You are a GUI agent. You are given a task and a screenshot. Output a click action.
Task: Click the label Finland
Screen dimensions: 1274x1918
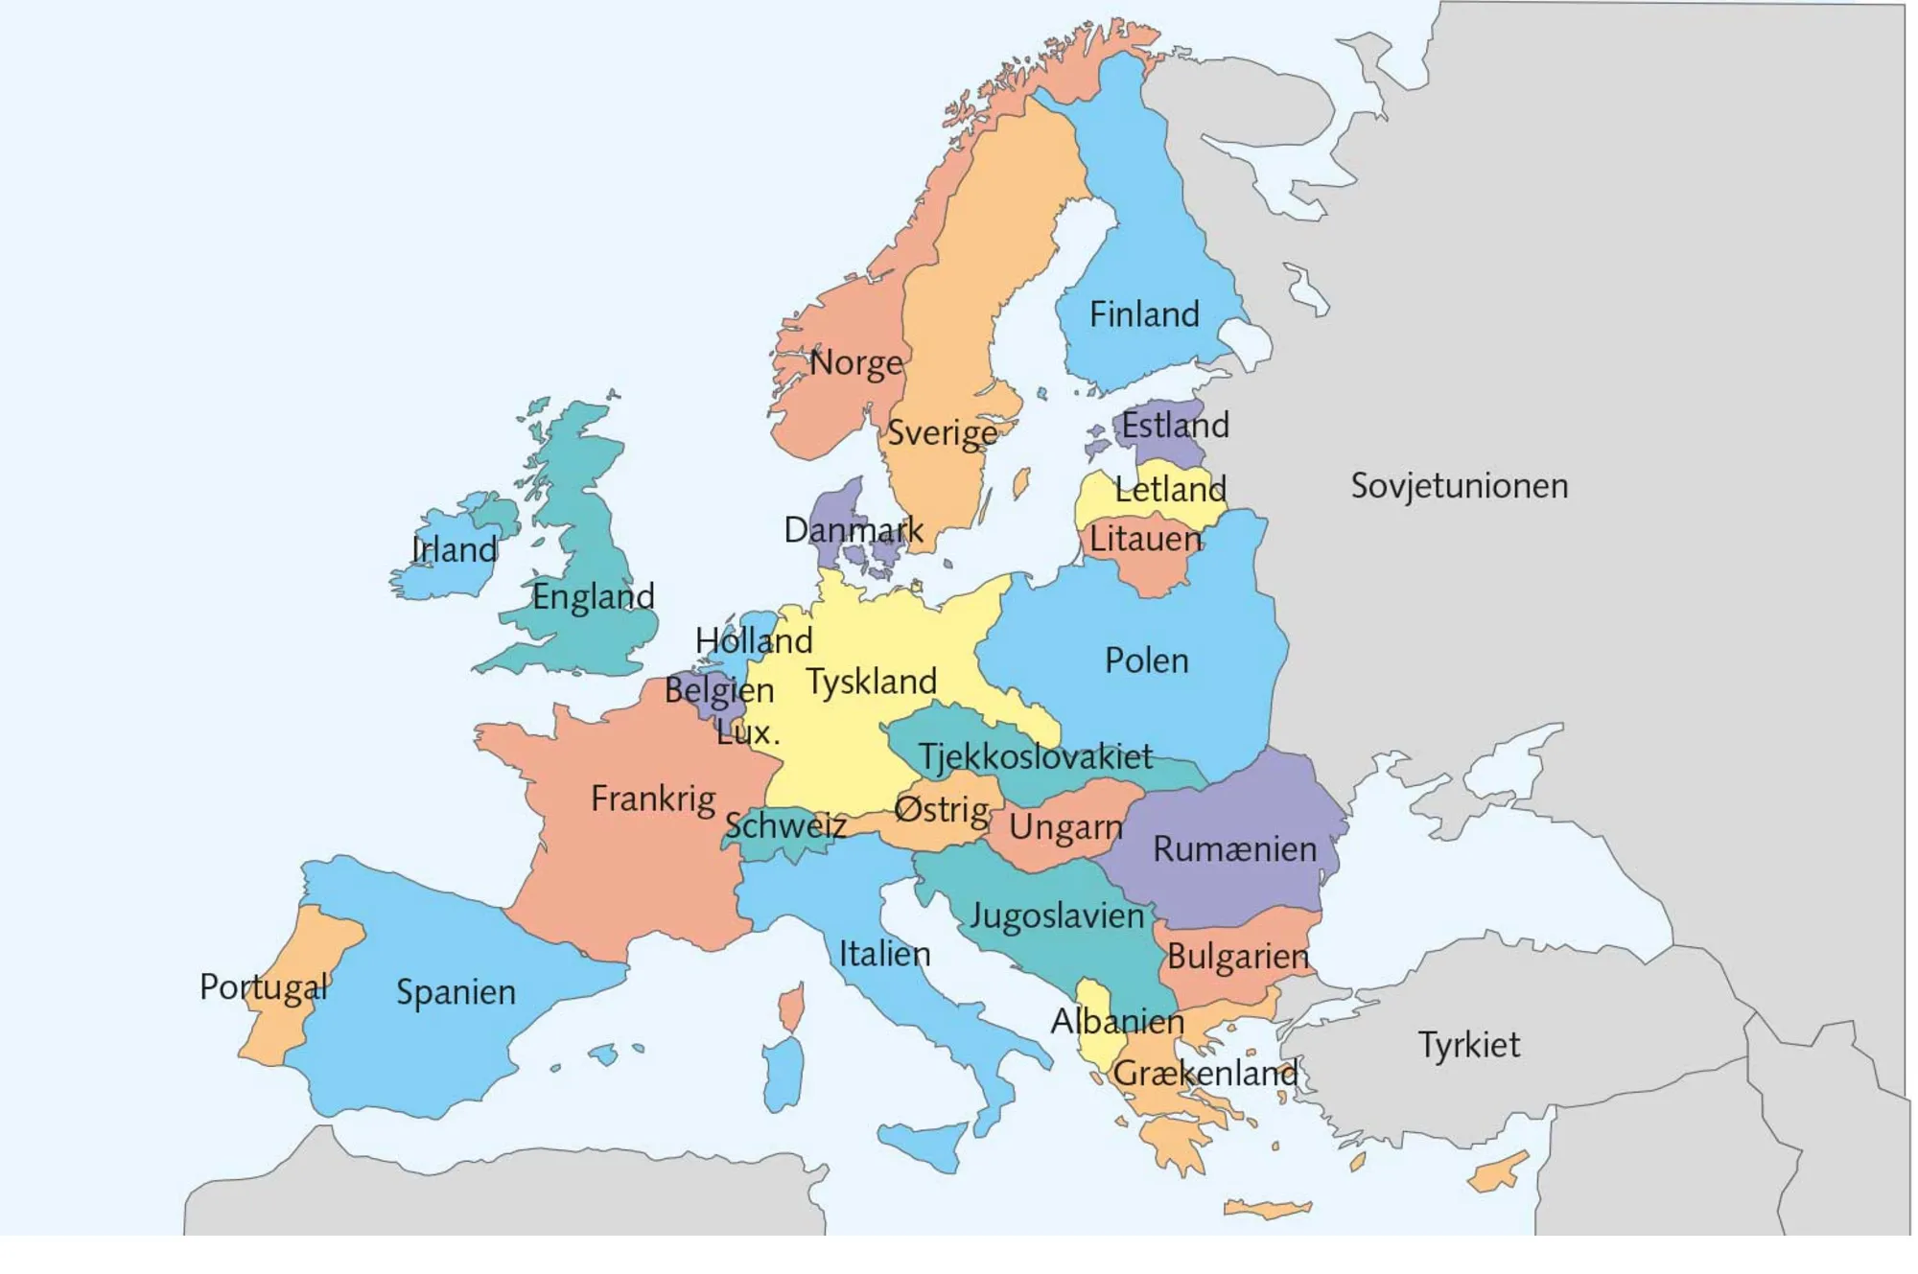pos(1144,314)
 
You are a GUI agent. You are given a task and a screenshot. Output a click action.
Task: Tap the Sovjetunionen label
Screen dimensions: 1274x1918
pos(1459,486)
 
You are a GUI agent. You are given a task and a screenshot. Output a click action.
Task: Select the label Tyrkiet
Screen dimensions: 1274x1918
pos(1468,1044)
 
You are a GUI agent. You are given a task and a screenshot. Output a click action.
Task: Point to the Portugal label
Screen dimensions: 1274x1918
pos(264,986)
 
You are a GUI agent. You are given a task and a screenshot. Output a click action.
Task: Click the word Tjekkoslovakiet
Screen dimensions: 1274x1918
pos(1035,757)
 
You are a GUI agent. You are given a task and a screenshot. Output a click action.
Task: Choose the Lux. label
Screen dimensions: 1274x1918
pos(748,733)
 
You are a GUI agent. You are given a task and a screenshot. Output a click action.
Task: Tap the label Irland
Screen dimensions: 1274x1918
pos(454,550)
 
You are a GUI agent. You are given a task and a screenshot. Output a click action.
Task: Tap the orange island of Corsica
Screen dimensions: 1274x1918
pos(792,1009)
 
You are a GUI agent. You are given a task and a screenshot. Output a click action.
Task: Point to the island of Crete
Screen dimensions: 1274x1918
pos(1266,1210)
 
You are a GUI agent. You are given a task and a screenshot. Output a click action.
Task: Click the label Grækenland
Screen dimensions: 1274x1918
pos(1205,1073)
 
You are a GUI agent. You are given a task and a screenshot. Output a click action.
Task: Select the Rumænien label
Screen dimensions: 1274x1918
pos(1234,849)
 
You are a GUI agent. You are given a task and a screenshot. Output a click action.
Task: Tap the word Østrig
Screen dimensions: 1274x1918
pos(941,810)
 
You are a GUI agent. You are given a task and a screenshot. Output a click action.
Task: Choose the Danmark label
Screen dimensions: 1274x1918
pos(854,530)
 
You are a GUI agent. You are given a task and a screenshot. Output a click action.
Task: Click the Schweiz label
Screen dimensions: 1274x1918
pos(785,825)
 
